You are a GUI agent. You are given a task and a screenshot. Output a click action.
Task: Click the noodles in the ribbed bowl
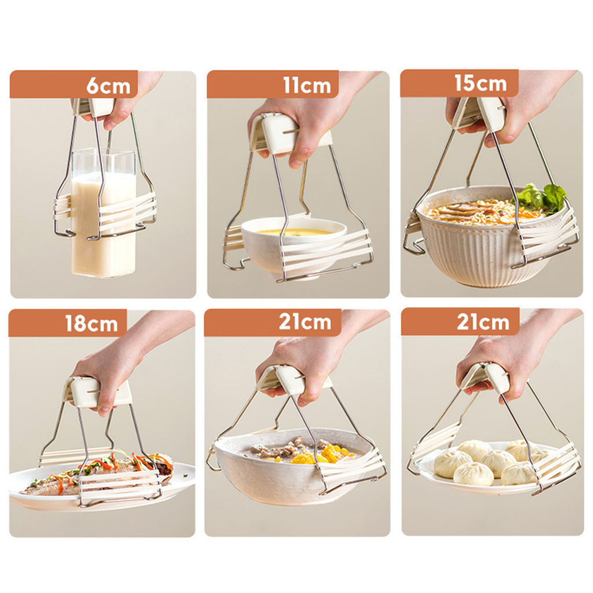(x=475, y=211)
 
